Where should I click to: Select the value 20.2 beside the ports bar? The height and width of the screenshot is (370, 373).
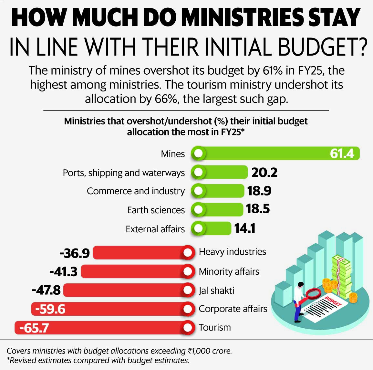pyautogui.click(x=264, y=173)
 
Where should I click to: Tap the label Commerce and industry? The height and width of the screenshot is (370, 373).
pyautogui.click(x=136, y=191)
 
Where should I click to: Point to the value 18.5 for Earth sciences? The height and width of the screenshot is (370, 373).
pyautogui.click(x=258, y=209)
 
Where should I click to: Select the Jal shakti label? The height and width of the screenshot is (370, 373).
pyautogui.click(x=216, y=291)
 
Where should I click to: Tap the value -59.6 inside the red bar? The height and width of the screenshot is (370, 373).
pyautogui.click(x=50, y=309)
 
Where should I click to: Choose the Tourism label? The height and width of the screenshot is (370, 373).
pyautogui.click(x=215, y=327)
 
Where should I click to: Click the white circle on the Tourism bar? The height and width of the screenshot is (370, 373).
pyautogui.click(x=188, y=328)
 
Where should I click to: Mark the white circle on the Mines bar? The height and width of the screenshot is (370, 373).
pyautogui.click(x=198, y=153)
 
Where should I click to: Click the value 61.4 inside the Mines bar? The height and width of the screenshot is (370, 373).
pyautogui.click(x=342, y=153)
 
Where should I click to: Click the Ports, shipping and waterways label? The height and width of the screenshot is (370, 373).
pyautogui.click(x=124, y=173)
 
